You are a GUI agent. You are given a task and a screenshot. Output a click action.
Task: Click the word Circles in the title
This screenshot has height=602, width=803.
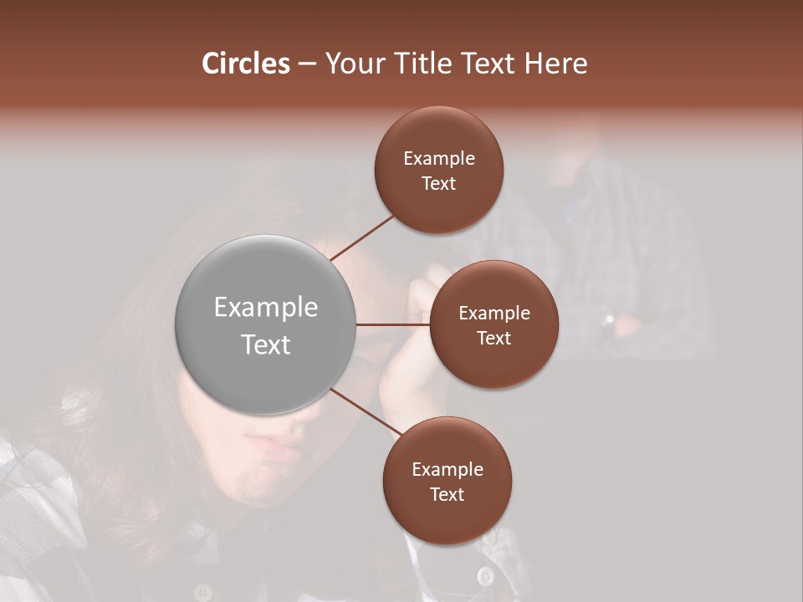pyautogui.click(x=245, y=64)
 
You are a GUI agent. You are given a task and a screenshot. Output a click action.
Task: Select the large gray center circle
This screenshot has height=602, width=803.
pyautogui.click(x=266, y=325)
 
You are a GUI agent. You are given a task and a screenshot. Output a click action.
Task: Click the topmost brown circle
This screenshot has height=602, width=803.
pyautogui.click(x=438, y=170)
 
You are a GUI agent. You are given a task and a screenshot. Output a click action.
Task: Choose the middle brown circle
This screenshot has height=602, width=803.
pyautogui.click(x=494, y=324)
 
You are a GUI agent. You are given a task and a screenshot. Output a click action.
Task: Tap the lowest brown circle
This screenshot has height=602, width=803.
pyautogui.click(x=447, y=481)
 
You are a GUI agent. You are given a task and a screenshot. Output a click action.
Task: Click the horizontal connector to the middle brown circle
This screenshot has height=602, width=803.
pyautogui.click(x=393, y=324)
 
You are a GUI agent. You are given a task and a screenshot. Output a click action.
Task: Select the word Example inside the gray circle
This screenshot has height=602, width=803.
pyautogui.click(x=266, y=308)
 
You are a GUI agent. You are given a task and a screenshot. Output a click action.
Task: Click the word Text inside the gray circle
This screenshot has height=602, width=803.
pyautogui.click(x=266, y=344)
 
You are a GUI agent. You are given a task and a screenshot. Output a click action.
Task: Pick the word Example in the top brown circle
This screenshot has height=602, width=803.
pyautogui.click(x=438, y=158)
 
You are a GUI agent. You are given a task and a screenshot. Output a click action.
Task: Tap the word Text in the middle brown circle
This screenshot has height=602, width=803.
pyautogui.click(x=494, y=338)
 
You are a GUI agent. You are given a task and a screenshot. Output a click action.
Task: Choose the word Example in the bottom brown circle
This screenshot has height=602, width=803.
pyautogui.click(x=447, y=469)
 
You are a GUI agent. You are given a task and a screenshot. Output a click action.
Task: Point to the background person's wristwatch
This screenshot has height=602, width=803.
pyautogui.click(x=608, y=319)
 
